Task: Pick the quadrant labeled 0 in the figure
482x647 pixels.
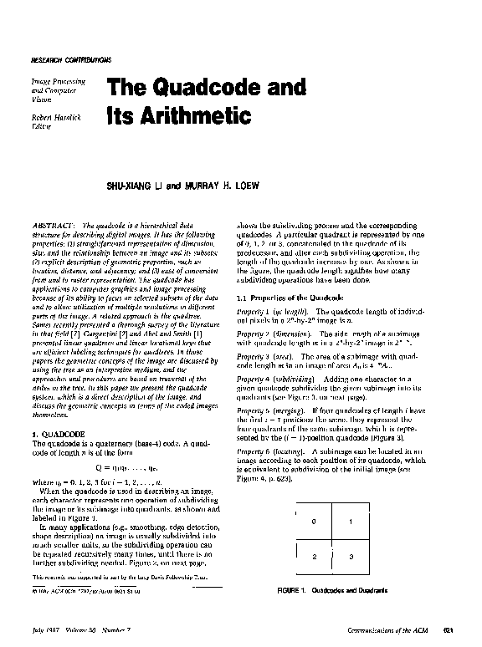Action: click(314, 522)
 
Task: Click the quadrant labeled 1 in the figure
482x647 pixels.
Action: click(351, 522)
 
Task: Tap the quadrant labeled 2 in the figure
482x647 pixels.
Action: click(314, 556)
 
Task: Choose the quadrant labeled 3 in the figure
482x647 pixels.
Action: click(351, 556)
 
